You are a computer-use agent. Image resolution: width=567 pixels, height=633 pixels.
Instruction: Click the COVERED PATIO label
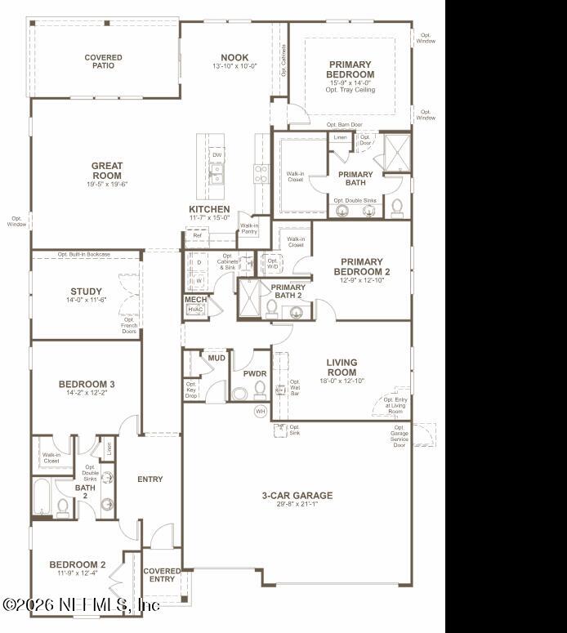point(104,61)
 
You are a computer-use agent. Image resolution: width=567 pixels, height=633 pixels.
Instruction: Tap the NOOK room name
point(234,57)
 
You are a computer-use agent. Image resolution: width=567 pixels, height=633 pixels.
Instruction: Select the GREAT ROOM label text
point(107,171)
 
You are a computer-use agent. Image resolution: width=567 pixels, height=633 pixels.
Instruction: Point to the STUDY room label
point(86,292)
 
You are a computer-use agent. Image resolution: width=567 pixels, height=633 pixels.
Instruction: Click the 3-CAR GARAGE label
point(297,495)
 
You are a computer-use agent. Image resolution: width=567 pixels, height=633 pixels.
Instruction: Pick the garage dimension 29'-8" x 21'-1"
point(297,505)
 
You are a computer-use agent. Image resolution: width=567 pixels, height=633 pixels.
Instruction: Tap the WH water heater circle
point(261,411)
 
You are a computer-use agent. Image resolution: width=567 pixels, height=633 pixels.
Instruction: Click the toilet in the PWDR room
point(261,389)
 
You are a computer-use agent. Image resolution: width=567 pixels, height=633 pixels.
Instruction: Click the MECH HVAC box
point(195,305)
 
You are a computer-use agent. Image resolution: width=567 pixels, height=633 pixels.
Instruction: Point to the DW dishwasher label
point(217,154)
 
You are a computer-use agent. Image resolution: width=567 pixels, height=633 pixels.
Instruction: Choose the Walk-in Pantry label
point(248,229)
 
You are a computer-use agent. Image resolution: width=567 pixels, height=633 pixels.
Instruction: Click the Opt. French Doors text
point(129,325)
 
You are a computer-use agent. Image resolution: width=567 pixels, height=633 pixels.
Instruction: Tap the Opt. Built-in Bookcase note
point(83,254)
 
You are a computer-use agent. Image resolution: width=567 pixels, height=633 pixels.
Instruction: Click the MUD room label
point(217,358)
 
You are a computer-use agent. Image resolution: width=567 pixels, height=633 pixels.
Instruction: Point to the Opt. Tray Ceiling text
point(350,90)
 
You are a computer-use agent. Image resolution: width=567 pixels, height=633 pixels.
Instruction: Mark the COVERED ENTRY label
point(162,575)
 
